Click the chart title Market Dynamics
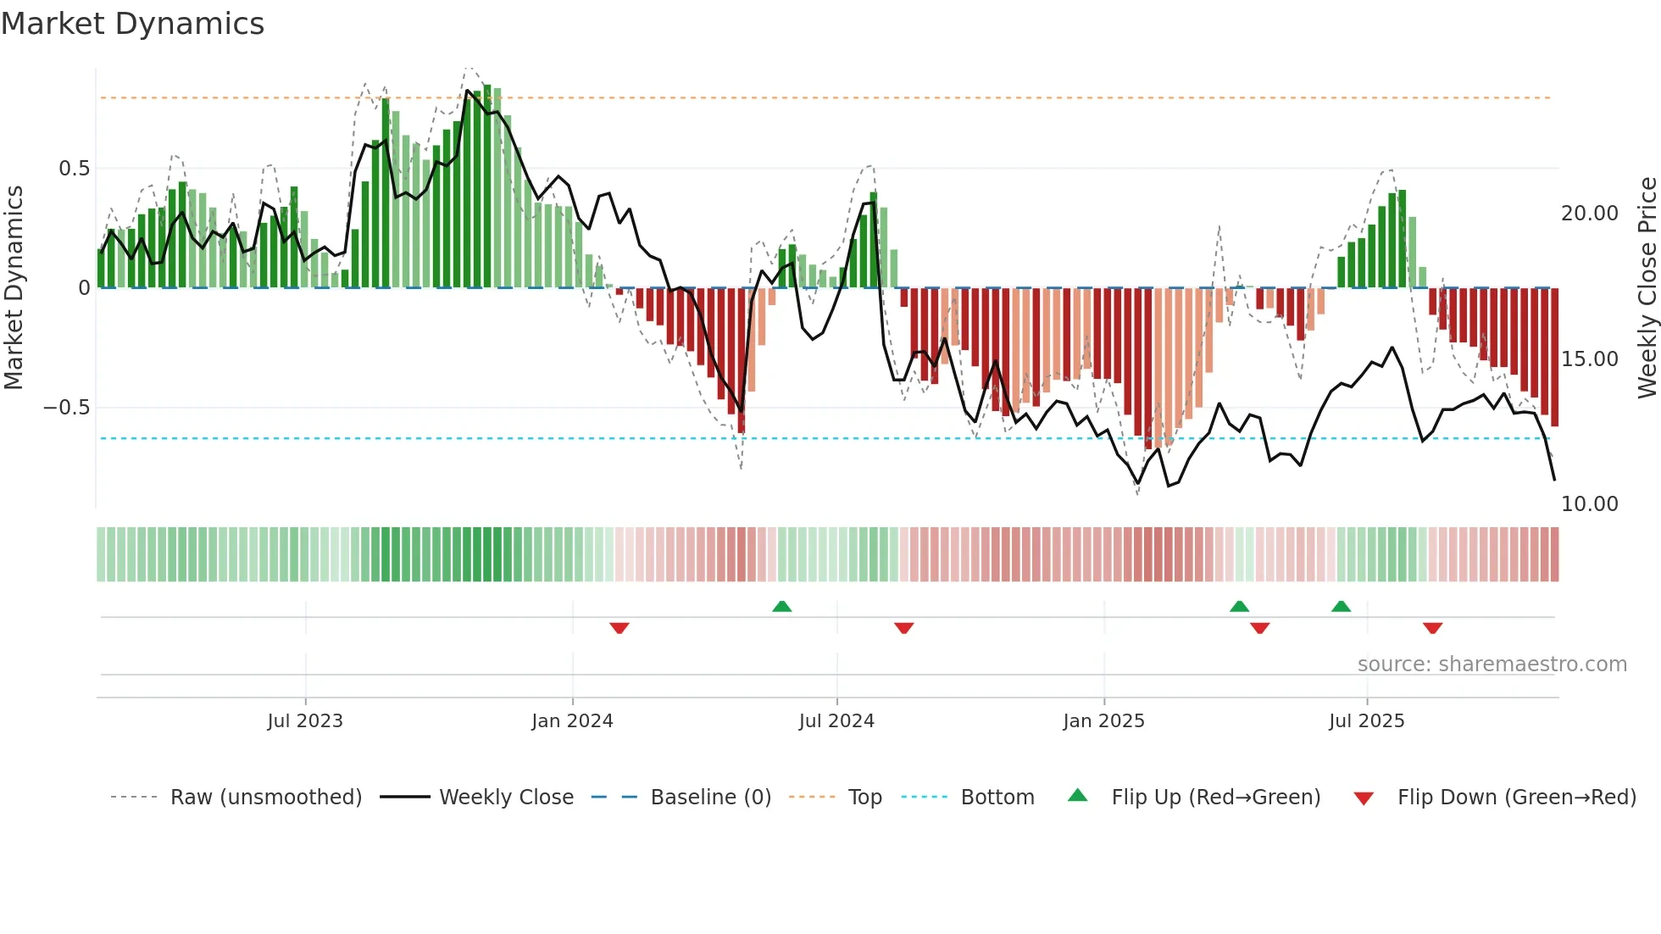[x=132, y=24]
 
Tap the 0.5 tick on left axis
[x=74, y=169]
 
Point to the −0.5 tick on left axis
[x=66, y=408]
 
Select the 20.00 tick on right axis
[x=1589, y=214]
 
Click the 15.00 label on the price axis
[x=1589, y=359]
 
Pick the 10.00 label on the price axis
[x=1589, y=504]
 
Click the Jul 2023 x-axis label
[x=305, y=721]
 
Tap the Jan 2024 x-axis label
[x=572, y=721]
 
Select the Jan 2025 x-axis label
[x=1103, y=721]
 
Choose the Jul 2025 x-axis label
[x=1366, y=721]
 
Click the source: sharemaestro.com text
[x=1492, y=664]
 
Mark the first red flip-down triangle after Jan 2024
[x=619, y=628]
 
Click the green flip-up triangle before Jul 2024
[x=782, y=606]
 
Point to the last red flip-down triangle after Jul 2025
[x=1433, y=628]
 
